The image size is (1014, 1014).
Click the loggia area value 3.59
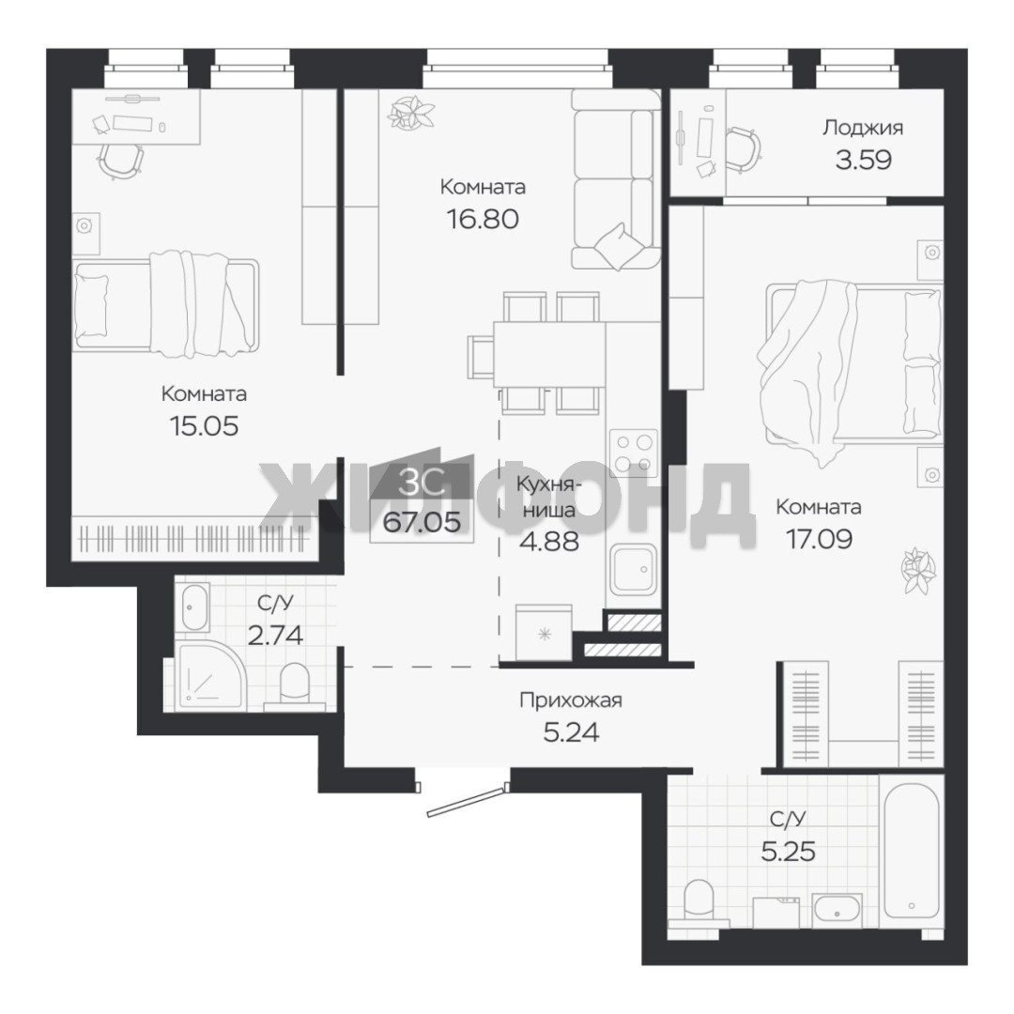(x=864, y=160)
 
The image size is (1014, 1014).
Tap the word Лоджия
(x=863, y=128)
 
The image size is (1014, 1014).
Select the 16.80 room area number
(x=483, y=219)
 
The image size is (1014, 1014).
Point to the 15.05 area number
(x=204, y=426)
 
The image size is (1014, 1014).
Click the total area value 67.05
(x=422, y=522)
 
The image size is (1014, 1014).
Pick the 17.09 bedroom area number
(x=819, y=539)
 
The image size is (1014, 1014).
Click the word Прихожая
(x=571, y=700)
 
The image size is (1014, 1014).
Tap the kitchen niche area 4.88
(x=549, y=542)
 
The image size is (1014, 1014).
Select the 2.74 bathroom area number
(x=275, y=636)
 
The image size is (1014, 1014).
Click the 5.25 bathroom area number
(x=789, y=852)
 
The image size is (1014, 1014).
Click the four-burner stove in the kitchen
(x=633, y=453)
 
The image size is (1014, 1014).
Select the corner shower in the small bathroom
(x=208, y=676)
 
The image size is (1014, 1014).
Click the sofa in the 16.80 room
(x=615, y=179)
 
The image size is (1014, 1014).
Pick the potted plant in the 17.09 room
(x=919, y=570)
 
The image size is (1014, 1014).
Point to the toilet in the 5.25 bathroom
(x=698, y=899)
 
